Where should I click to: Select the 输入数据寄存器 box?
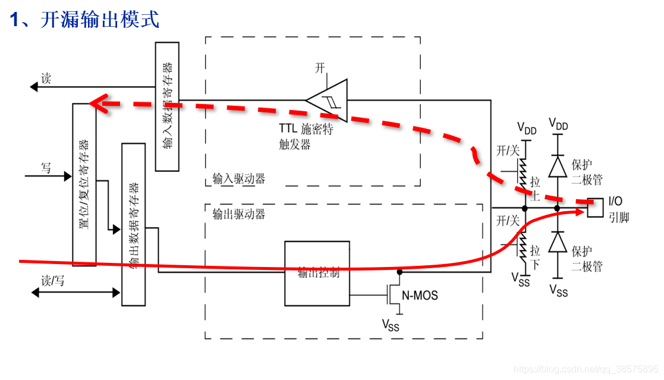[167, 106]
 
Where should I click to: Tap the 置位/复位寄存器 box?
[84, 184]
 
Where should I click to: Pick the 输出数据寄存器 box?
[133, 224]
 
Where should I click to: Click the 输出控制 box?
[317, 273]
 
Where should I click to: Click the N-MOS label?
[420, 294]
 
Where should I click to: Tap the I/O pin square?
[594, 208]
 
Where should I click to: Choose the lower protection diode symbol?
[558, 242]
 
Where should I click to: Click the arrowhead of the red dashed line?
[95, 103]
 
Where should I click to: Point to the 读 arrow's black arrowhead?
[34, 87]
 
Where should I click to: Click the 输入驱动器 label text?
[238, 178]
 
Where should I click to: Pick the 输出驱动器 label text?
[238, 215]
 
